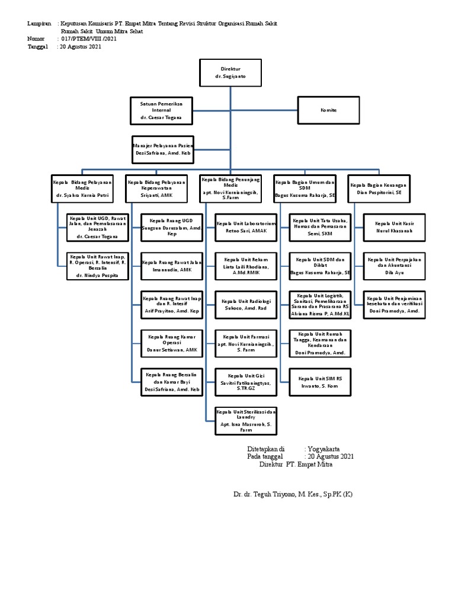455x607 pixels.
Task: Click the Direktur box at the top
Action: [230, 73]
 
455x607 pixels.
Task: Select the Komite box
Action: [328, 110]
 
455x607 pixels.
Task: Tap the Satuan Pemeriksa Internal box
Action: [161, 111]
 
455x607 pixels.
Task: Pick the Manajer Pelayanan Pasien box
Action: [161, 149]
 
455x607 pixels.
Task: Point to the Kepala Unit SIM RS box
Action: [321, 382]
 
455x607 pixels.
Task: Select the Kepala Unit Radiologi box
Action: [245, 305]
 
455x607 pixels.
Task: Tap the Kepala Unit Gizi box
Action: [245, 382]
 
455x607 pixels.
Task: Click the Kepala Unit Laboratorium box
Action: [245, 227]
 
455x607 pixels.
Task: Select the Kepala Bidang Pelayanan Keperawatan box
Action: [157, 189]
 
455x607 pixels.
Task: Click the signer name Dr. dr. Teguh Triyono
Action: [293, 494]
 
